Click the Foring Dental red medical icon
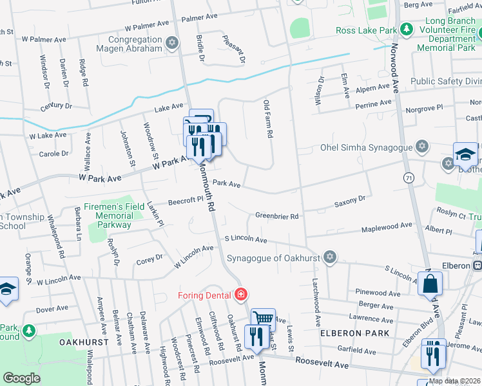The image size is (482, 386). (x=241, y=295)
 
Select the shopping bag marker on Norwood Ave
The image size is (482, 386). (x=430, y=283)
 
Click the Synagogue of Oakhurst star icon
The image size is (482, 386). (x=330, y=258)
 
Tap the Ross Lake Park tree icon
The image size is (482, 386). (x=407, y=30)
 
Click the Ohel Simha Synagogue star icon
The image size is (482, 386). (x=422, y=147)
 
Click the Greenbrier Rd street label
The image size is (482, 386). (x=277, y=216)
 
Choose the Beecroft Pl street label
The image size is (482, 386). (x=186, y=201)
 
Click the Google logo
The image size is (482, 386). (x=22, y=378)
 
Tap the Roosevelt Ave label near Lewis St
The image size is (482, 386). (x=322, y=364)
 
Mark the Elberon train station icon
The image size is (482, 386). (x=477, y=265)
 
